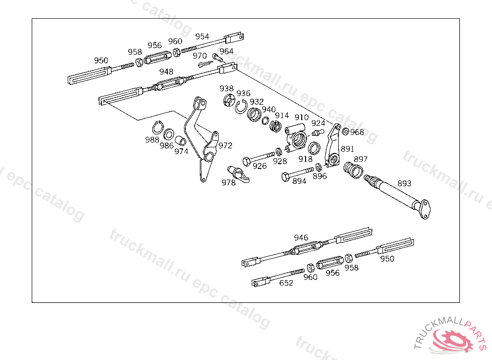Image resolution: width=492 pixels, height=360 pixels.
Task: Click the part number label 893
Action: click(404, 183)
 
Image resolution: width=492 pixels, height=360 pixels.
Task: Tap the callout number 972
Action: click(225, 145)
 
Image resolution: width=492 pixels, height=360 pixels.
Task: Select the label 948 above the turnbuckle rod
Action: click(166, 72)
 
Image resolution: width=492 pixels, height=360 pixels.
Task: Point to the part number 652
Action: click(286, 283)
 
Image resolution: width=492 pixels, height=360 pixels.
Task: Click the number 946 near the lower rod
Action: click(301, 238)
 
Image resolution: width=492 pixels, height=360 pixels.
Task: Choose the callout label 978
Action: click(228, 182)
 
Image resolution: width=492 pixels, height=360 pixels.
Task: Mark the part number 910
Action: click(302, 117)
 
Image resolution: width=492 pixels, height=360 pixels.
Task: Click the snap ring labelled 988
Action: click(158, 128)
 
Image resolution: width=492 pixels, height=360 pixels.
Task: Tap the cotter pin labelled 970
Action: click(206, 64)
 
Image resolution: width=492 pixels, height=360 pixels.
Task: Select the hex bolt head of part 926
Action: click(246, 162)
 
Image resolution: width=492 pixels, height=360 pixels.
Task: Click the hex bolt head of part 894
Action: click(285, 177)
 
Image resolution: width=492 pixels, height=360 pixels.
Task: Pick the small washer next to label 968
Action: click(345, 132)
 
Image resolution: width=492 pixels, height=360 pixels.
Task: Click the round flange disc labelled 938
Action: click(229, 101)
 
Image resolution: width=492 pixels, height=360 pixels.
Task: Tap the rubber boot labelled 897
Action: click(353, 170)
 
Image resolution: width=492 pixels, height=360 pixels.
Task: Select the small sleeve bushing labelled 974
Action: click(181, 141)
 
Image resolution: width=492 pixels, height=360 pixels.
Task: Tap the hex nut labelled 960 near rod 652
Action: click(310, 268)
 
